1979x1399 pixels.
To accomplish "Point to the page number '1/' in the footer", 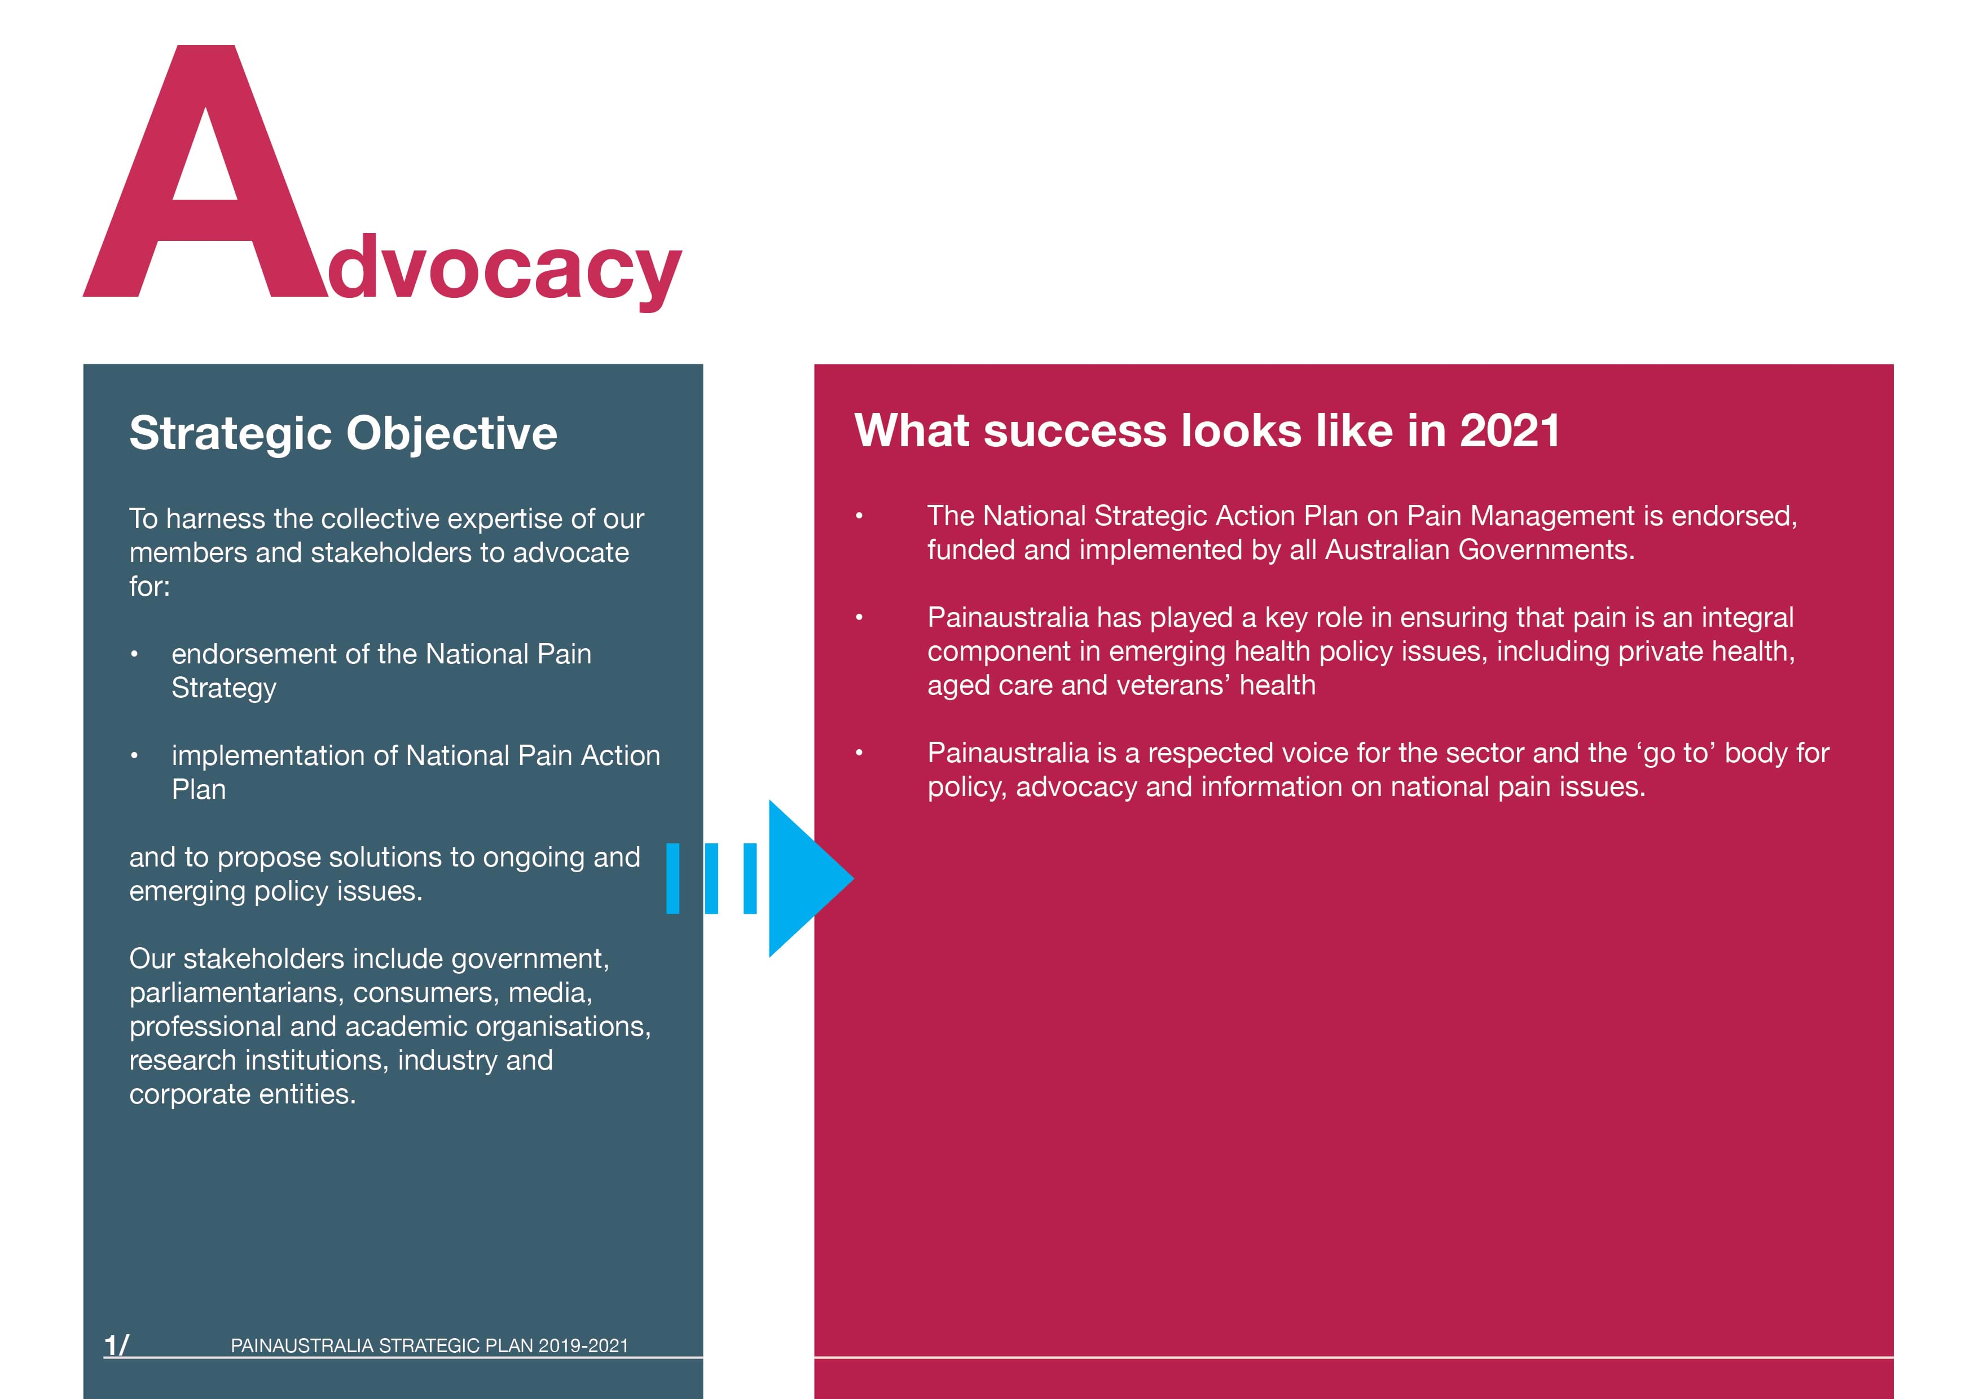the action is pyautogui.click(x=116, y=1345).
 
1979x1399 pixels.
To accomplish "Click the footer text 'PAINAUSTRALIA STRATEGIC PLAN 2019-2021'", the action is pyautogui.click(x=429, y=1345).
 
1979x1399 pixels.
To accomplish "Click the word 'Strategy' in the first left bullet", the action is pyautogui.click(x=224, y=688).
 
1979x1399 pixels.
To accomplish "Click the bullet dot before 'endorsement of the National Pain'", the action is pyautogui.click(x=134, y=654).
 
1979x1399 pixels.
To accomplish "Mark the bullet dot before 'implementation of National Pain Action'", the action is pyautogui.click(x=134, y=756).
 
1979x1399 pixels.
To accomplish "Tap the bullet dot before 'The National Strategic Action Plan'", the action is pyautogui.click(x=859, y=516).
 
